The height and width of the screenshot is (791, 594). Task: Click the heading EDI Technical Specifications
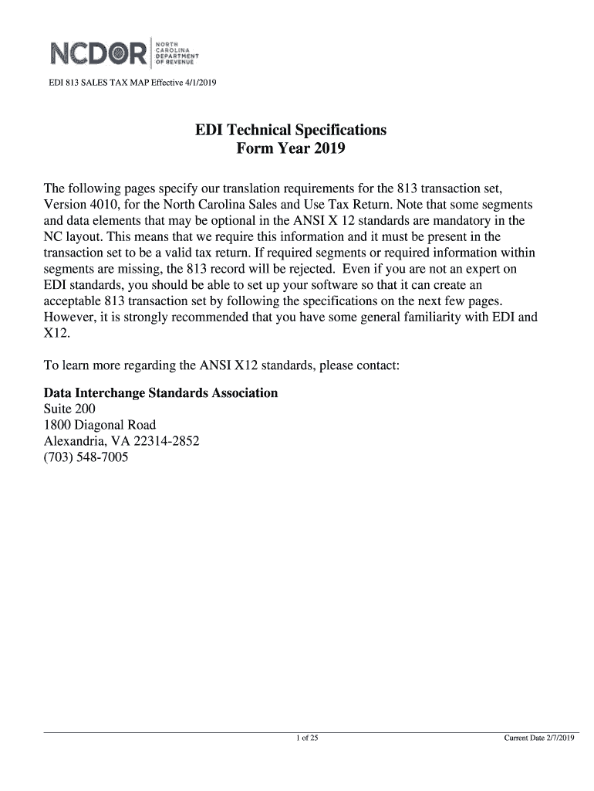pyautogui.click(x=291, y=130)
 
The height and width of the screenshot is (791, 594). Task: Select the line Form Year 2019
pyautogui.click(x=291, y=148)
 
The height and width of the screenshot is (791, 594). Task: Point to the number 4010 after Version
pyautogui.click(x=105, y=205)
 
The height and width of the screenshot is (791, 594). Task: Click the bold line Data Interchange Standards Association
pyautogui.click(x=160, y=393)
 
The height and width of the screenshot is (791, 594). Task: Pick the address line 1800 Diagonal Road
pyautogui.click(x=100, y=425)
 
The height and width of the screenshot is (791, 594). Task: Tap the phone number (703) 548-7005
pyautogui.click(x=86, y=457)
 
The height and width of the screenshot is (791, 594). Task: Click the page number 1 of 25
pyautogui.click(x=307, y=738)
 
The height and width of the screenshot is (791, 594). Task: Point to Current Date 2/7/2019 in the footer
pyautogui.click(x=539, y=738)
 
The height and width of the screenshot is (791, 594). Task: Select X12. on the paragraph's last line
pyautogui.click(x=57, y=333)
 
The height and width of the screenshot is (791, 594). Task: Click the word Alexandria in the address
pyautogui.click(x=74, y=441)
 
